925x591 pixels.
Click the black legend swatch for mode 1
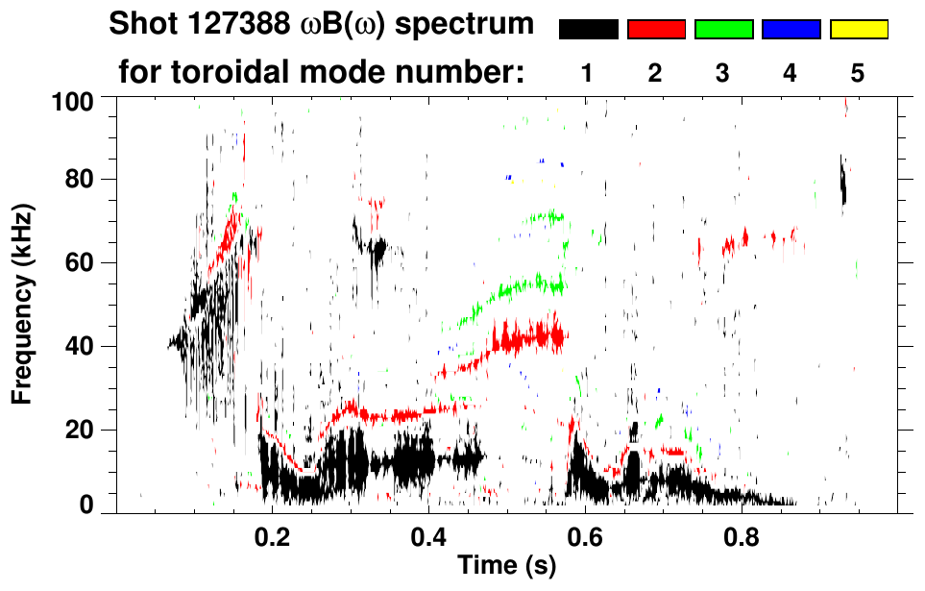click(x=588, y=30)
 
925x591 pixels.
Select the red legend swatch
click(x=656, y=30)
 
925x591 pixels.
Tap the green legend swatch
click(x=723, y=30)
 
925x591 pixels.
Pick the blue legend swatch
click(x=791, y=30)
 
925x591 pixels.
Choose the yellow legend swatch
click(x=859, y=30)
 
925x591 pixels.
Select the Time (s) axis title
click(x=506, y=566)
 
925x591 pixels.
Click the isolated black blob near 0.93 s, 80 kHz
click(x=842, y=183)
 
